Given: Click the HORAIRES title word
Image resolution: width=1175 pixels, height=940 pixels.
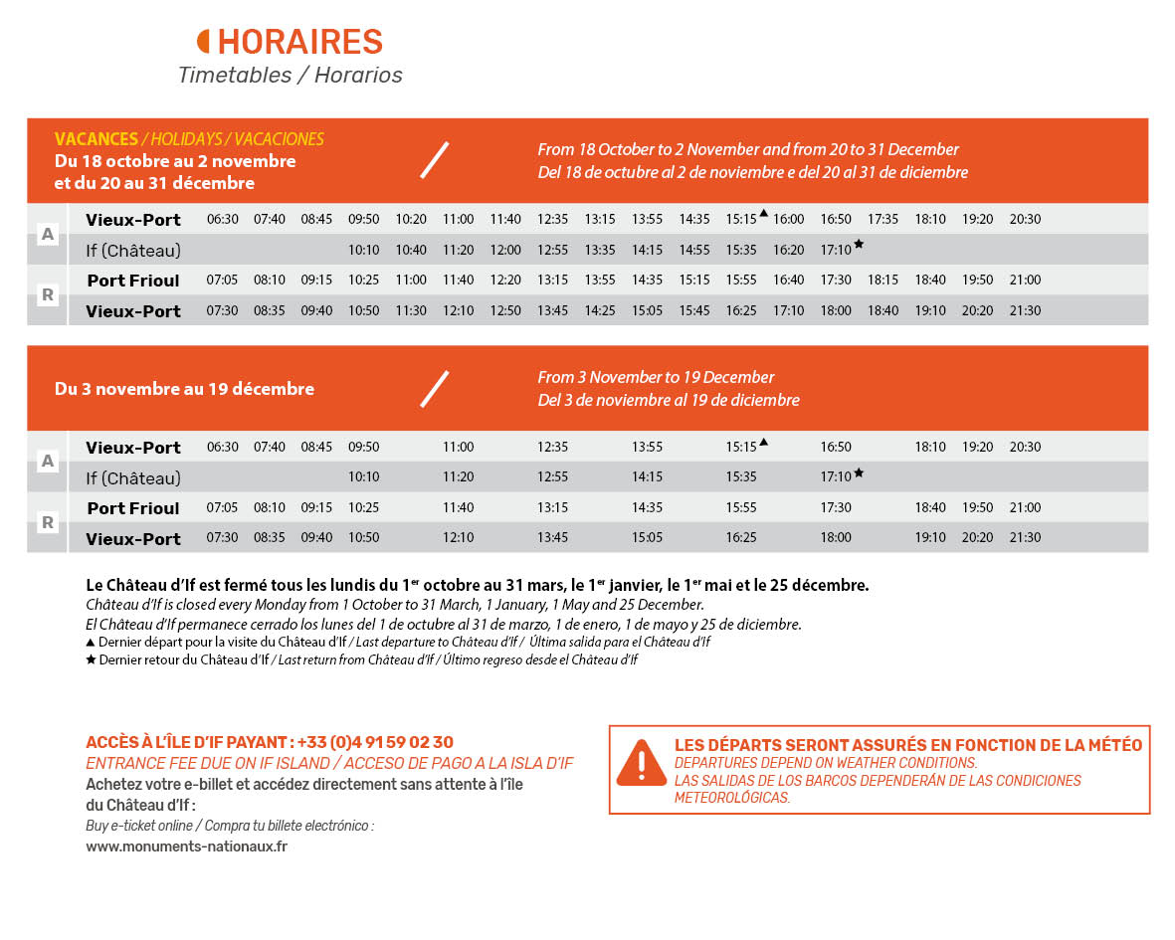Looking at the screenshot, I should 299,42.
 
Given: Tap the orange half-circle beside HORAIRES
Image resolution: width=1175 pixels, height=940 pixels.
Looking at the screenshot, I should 204,41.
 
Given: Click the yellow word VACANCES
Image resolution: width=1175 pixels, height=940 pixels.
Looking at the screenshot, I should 96,139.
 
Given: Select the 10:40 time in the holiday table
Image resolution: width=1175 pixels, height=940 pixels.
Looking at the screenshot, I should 411,250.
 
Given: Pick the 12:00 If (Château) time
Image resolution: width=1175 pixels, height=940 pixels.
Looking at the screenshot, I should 505,250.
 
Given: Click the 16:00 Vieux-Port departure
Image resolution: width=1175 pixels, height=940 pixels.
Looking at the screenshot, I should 788,219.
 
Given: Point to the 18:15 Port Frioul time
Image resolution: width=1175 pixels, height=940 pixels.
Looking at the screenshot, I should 882,280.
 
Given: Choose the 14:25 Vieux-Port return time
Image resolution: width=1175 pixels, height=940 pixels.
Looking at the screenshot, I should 600,310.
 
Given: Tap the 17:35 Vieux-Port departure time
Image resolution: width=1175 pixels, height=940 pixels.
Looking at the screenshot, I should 882,219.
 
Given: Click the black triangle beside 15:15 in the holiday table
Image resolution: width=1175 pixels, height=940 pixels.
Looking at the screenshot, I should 763,213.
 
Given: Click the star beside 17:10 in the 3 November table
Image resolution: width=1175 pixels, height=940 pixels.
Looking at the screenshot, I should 859,472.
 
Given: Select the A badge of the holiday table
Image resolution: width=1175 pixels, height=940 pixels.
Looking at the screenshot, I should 47,234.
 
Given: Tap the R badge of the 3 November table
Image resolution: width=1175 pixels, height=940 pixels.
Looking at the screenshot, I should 47,522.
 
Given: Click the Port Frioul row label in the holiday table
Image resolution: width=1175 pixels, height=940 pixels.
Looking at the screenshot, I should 133,281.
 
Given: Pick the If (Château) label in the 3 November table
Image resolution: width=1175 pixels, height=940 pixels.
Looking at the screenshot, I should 133,477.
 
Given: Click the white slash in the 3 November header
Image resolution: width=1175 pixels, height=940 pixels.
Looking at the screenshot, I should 435,388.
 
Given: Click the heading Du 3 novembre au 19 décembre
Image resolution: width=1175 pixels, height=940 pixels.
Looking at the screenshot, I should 184,389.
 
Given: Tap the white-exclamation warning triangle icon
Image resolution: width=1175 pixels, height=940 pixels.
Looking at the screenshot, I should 642,762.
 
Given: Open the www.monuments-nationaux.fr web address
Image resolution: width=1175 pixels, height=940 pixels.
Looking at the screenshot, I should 187,846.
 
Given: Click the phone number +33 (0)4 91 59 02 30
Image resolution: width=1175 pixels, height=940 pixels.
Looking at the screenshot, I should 375,742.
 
